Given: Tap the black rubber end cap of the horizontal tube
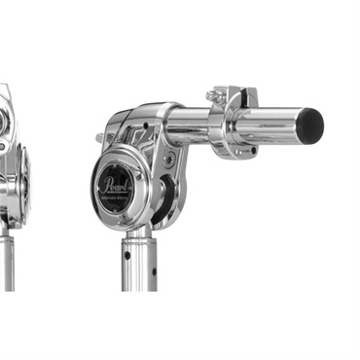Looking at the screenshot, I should pyautogui.click(x=310, y=123).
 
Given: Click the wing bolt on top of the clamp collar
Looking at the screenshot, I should pyautogui.click(x=214, y=95).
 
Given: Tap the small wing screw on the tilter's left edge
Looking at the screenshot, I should pyautogui.click(x=99, y=138).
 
